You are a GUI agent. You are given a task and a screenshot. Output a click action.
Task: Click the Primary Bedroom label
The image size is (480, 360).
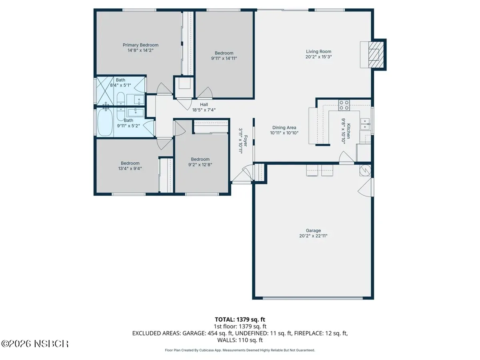[x=140, y=45]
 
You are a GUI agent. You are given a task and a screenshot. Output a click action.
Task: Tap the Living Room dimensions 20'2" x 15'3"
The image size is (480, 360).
[x=319, y=57]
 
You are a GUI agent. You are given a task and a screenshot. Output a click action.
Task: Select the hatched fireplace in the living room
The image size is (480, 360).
[x=376, y=55]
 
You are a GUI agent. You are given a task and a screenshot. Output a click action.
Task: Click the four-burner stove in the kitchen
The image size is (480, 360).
[x=344, y=105]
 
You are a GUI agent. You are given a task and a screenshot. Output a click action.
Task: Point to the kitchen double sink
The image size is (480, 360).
[x=365, y=124]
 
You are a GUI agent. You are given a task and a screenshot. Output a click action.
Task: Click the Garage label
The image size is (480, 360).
[x=313, y=230]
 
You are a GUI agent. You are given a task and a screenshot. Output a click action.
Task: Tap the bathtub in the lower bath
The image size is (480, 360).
[x=105, y=122]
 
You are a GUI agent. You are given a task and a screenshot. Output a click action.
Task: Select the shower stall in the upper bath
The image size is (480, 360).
[x=105, y=91]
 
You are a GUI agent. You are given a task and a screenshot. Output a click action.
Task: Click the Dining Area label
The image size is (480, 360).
[x=284, y=128]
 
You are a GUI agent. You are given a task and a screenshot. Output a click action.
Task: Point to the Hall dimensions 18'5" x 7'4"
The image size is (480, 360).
[x=204, y=110]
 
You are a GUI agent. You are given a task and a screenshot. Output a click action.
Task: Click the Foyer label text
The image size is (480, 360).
[x=246, y=141]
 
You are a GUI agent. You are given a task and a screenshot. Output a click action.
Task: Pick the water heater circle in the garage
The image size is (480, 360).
[x=365, y=170]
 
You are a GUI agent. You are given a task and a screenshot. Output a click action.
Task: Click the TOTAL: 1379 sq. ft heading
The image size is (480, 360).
[x=240, y=320]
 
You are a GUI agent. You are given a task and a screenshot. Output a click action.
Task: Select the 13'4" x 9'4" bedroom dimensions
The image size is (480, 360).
[x=130, y=168]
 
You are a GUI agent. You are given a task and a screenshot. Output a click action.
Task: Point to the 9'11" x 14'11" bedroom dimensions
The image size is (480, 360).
[x=224, y=58]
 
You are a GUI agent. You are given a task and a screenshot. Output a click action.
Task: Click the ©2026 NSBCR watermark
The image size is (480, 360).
[x=35, y=344]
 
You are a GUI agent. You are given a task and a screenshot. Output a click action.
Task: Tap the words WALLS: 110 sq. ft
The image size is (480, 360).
[x=240, y=340]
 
